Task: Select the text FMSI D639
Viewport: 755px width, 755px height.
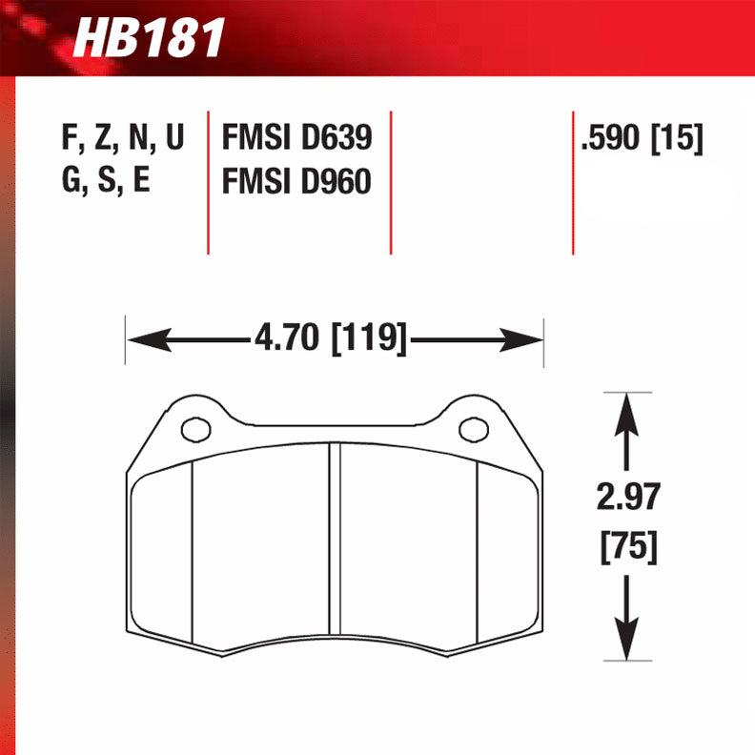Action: [x=296, y=139]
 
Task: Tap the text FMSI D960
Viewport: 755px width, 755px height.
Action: [x=296, y=180]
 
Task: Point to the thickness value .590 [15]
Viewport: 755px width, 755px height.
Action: [x=642, y=139]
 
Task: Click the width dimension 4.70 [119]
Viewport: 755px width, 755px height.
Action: [x=330, y=338]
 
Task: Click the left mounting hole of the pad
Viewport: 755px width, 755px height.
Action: [x=196, y=430]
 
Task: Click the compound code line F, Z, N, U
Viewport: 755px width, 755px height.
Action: [x=122, y=139]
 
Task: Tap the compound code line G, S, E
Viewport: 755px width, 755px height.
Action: [x=105, y=180]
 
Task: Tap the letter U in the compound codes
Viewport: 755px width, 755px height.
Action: [x=173, y=139]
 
